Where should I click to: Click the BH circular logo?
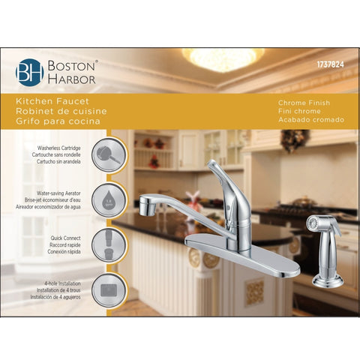point(28,72)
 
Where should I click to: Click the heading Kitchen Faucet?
point(58,100)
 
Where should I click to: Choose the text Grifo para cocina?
point(62,121)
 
